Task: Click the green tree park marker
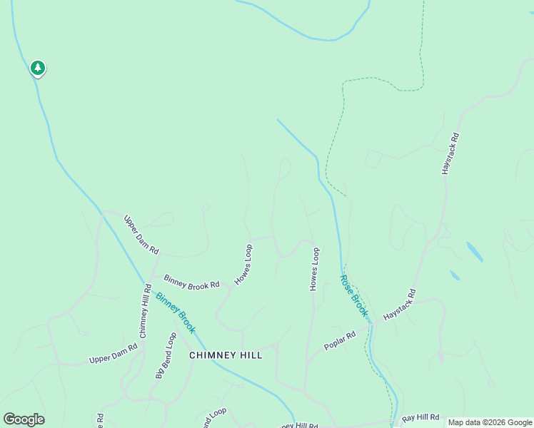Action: [x=37, y=68]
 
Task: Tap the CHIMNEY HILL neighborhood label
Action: [x=226, y=355]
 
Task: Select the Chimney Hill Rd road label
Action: [x=145, y=311]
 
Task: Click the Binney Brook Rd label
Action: [x=191, y=282]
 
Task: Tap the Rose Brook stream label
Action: [x=354, y=295]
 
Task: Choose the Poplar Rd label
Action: [x=340, y=340]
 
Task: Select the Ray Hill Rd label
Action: [x=421, y=418]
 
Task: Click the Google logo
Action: [x=24, y=419]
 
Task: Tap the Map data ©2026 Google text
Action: [x=490, y=422]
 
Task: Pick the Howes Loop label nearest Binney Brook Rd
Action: [x=244, y=265]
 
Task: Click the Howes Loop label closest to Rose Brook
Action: [x=313, y=269]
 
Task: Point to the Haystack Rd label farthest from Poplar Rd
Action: [x=450, y=153]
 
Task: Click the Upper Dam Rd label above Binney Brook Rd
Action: [x=141, y=235]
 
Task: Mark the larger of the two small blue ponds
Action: [x=474, y=252]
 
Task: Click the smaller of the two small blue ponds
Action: [x=455, y=275]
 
